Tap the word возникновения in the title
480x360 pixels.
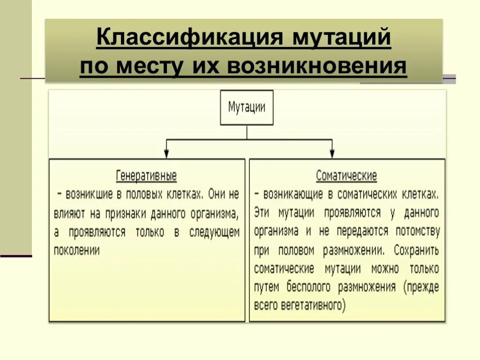coord(317,67)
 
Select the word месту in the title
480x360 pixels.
coord(149,67)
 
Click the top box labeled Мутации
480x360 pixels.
coord(247,107)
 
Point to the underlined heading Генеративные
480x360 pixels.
coord(146,176)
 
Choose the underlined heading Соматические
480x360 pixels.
coord(346,176)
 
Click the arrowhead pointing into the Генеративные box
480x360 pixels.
coord(166,153)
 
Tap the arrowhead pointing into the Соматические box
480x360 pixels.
coord(332,153)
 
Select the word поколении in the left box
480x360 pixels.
coord(77,250)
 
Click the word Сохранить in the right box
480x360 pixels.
coord(416,250)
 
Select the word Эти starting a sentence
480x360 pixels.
coord(262,212)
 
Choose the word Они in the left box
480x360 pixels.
coord(217,194)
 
